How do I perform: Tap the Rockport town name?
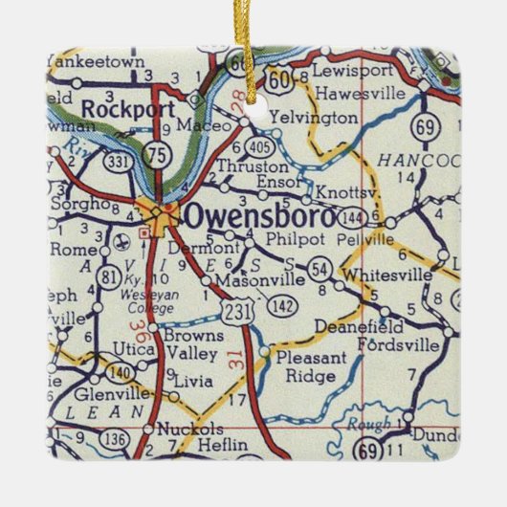point(120,109)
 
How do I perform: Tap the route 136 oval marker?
point(117,439)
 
